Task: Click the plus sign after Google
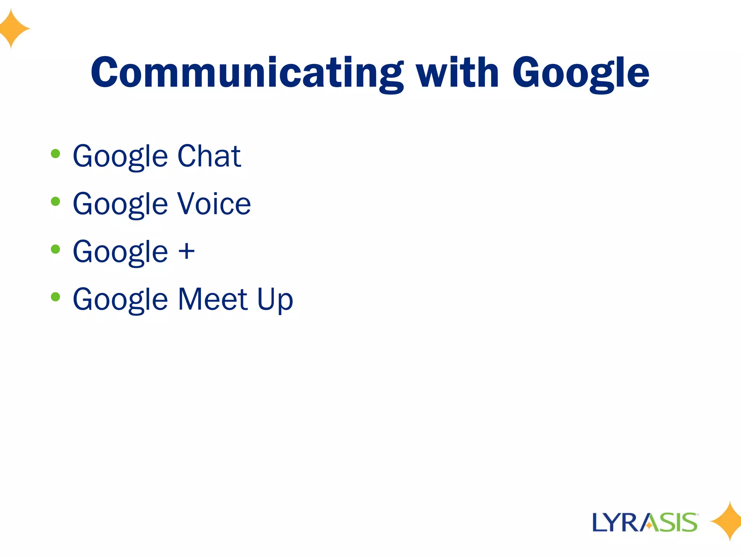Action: point(187,251)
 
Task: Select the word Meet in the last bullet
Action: point(213,299)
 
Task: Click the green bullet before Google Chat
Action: point(55,154)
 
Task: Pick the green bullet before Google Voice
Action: point(55,201)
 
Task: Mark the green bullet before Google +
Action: point(55,249)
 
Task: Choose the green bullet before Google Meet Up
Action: point(55,297)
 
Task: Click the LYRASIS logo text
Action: point(644,522)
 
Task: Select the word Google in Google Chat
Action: point(120,157)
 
